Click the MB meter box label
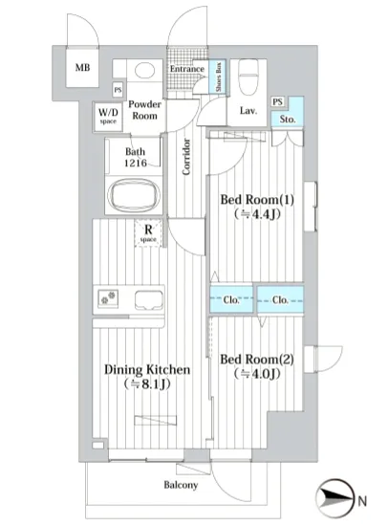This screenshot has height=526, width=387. pyautogui.click(x=82, y=68)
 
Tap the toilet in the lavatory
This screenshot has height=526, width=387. pyautogui.click(x=248, y=77)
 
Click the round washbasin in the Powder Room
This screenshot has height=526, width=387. pyautogui.click(x=144, y=70)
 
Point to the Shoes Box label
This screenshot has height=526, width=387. pyautogui.click(x=219, y=77)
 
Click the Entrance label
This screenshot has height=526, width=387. pyautogui.click(x=187, y=69)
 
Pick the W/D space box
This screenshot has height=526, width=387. pyautogui.click(x=108, y=117)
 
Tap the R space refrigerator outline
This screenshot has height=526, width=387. pyautogui.click(x=148, y=232)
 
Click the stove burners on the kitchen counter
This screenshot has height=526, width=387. pyautogui.click(x=108, y=297)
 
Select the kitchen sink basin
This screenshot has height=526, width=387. pyautogui.click(x=149, y=300)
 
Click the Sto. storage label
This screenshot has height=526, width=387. pyautogui.click(x=288, y=120)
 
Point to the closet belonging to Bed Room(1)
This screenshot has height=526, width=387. pyautogui.click(x=231, y=299)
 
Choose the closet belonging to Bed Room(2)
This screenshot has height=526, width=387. pyautogui.click(x=280, y=299)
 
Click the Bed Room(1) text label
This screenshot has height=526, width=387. pyautogui.click(x=257, y=200)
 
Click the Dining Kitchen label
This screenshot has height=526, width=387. pyautogui.click(x=147, y=370)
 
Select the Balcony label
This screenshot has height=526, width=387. pyautogui.click(x=181, y=485)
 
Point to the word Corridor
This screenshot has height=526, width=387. pyautogui.click(x=186, y=157)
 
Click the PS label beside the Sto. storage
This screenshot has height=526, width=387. pyautogui.click(x=277, y=101)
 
